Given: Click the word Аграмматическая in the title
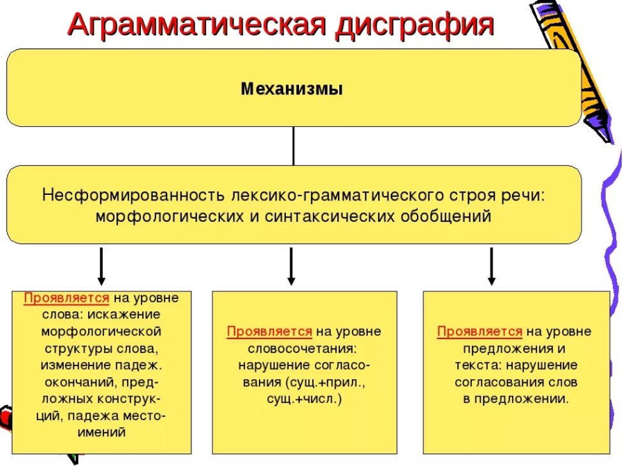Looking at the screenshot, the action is (x=197, y=25).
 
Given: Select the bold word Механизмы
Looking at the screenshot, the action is (x=291, y=89).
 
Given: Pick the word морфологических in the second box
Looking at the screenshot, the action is (x=170, y=217).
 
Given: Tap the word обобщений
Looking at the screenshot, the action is (x=446, y=216).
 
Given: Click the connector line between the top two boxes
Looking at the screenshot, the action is (x=293, y=146).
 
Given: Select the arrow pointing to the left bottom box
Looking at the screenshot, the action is (x=101, y=266).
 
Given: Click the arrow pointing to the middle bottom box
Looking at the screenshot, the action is (x=291, y=266).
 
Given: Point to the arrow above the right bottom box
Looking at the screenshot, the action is (x=492, y=266).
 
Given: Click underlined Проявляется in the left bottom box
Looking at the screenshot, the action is (x=66, y=298).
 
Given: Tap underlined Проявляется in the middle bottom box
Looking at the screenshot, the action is (x=269, y=331).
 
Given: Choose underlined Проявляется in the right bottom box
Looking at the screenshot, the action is (x=480, y=331).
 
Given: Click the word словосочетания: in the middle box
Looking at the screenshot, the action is (x=302, y=349).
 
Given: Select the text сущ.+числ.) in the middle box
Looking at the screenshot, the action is (x=304, y=398).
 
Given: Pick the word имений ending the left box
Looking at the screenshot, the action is (x=101, y=432).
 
